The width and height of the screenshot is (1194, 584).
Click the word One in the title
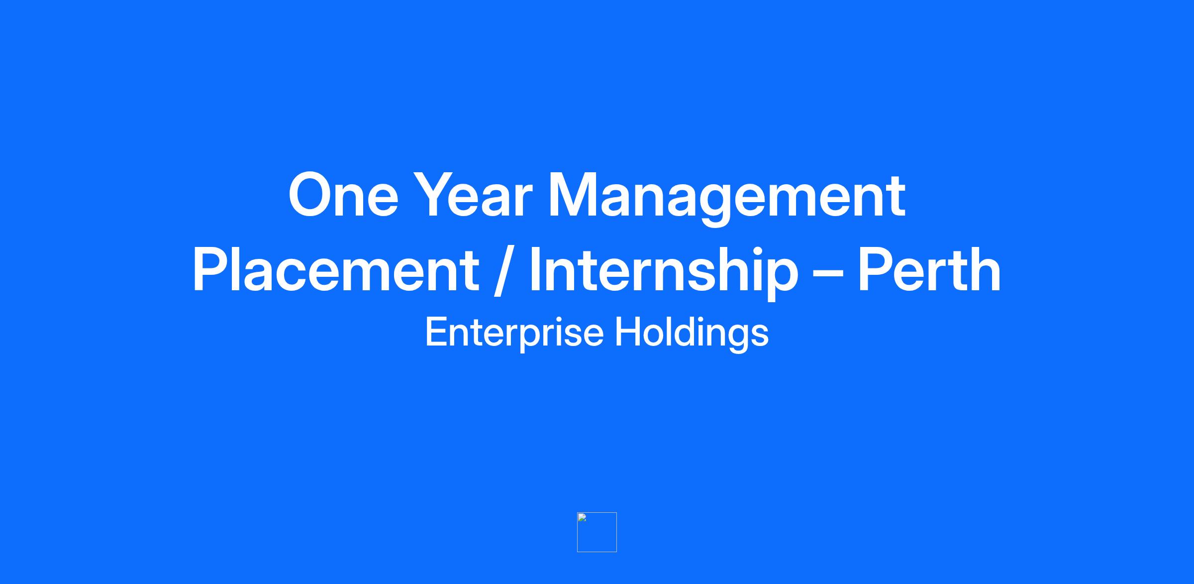(x=343, y=195)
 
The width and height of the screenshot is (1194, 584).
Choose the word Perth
(x=929, y=270)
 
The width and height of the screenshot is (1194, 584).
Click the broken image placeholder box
(x=597, y=532)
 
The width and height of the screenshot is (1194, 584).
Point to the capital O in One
(x=312, y=195)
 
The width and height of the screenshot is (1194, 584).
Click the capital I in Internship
(x=535, y=270)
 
